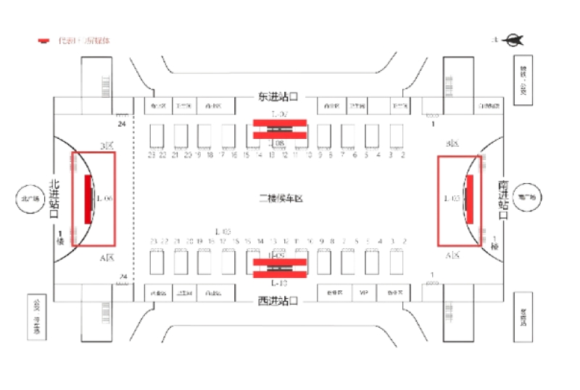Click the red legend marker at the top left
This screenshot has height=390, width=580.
click(44, 41)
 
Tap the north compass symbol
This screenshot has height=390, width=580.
click(513, 40)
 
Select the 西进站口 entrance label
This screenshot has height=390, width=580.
click(279, 300)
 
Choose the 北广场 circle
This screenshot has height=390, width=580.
click(31, 198)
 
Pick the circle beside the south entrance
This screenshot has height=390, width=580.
click(526, 197)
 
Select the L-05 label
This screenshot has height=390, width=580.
click(452, 198)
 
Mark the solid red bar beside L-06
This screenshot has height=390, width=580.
click(88, 198)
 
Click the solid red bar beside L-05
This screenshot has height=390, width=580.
click(469, 198)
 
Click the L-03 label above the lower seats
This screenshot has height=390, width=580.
click(223, 231)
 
